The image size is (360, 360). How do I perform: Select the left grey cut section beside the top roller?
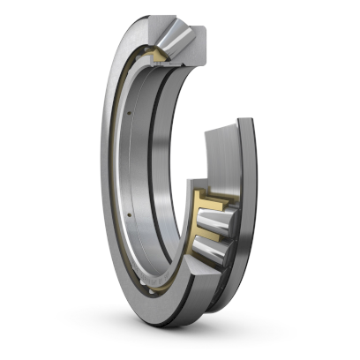pos(149,35)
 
